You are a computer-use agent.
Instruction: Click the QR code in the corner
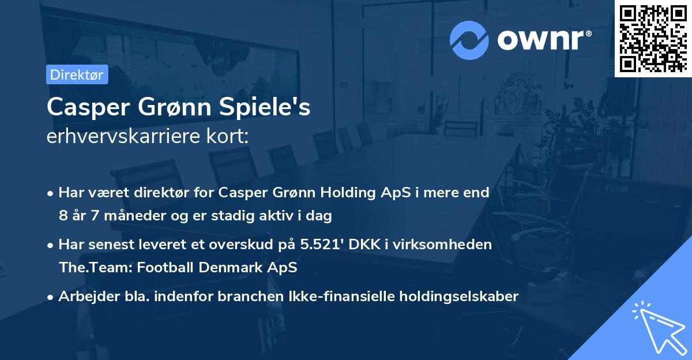click(x=653, y=38)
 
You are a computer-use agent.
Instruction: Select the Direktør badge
click(x=77, y=74)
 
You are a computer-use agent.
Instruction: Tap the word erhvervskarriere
click(x=123, y=136)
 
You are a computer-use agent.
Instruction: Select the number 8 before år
click(x=63, y=216)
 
